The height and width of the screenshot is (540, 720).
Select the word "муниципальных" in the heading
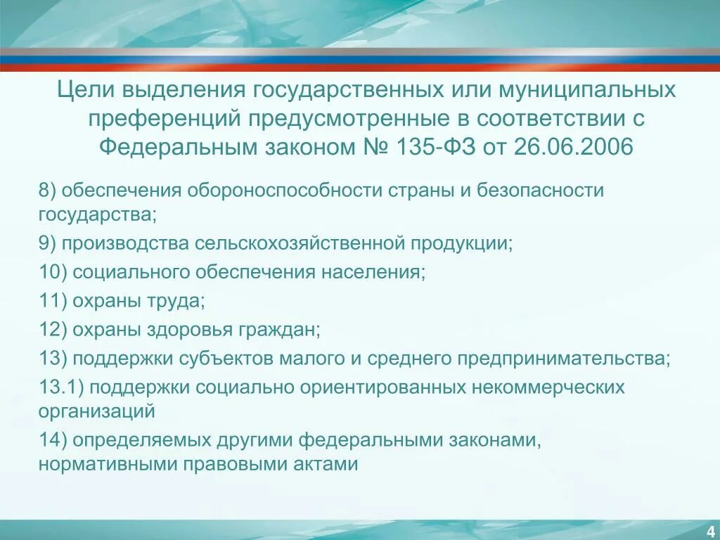coord(588,91)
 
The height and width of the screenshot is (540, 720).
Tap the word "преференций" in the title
coord(164,119)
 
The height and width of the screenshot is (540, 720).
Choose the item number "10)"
coord(53,272)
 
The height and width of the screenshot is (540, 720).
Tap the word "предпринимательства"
coord(564,359)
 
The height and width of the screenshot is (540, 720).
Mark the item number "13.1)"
coord(61,387)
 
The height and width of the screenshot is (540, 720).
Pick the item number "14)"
coord(53,440)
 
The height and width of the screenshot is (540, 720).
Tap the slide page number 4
coord(711,529)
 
